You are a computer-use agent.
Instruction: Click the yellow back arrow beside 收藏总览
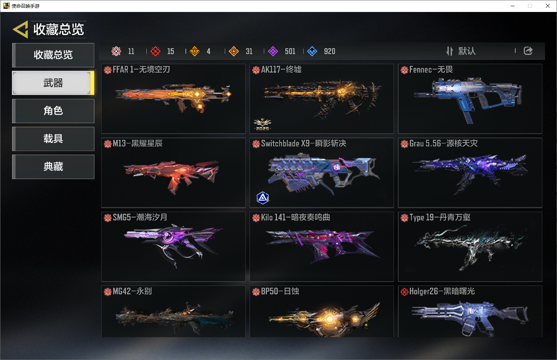pos(20,29)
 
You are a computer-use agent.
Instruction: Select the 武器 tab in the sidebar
pos(53,83)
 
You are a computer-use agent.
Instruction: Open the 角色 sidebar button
pos(53,111)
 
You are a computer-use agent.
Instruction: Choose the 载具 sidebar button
pos(53,139)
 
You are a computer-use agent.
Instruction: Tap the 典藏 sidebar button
pos(53,166)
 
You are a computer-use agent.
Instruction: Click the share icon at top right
pos(528,51)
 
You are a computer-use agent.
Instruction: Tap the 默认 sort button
pos(461,51)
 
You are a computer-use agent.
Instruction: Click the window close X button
pos(548,6)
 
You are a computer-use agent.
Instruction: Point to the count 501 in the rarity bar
pos(290,51)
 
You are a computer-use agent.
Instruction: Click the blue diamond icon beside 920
pos(312,51)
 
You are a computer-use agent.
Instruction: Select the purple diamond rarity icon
pos(273,51)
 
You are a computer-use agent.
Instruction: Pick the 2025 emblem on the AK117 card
pos(262,124)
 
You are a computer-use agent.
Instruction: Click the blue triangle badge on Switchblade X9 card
pos(263,198)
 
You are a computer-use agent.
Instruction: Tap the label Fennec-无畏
pos(431,70)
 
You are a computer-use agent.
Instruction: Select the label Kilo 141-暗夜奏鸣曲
pos(295,217)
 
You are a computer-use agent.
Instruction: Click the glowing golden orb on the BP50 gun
pos(329,319)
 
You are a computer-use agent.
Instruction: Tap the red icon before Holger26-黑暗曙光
pos(404,292)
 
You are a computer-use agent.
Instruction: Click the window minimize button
pos(513,6)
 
